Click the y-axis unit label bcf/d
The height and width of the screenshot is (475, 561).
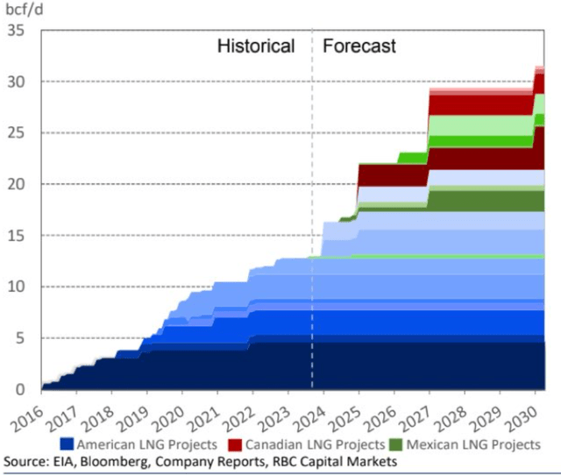pyautogui.click(x=25, y=12)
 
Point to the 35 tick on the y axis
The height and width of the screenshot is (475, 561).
pyautogui.click(x=18, y=31)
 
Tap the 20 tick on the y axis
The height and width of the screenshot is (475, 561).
pyautogui.click(x=18, y=184)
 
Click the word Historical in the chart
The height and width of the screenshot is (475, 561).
pyautogui.click(x=256, y=46)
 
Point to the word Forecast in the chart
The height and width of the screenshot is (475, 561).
pyautogui.click(x=359, y=46)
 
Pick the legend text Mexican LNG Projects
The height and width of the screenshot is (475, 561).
pyautogui.click(x=473, y=445)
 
